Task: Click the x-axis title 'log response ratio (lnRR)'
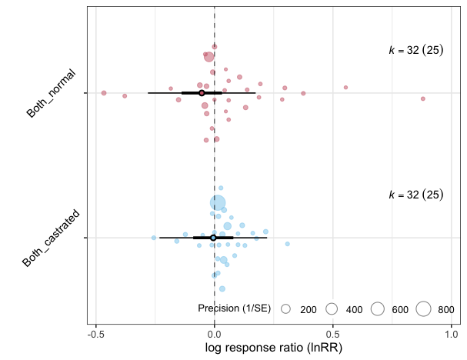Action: click(273, 348)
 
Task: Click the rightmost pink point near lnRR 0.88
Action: click(422, 98)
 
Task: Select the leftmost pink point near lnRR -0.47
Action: click(103, 92)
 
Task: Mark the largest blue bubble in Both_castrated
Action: click(218, 203)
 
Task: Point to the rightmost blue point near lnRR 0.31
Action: click(287, 244)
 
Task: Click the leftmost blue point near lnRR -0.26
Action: click(154, 238)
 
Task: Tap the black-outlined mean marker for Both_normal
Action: click(202, 93)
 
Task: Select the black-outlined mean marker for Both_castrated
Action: click(213, 238)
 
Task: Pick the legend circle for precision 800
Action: click(423, 309)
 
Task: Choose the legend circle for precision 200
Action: click(285, 309)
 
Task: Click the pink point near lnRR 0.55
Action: click(345, 87)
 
